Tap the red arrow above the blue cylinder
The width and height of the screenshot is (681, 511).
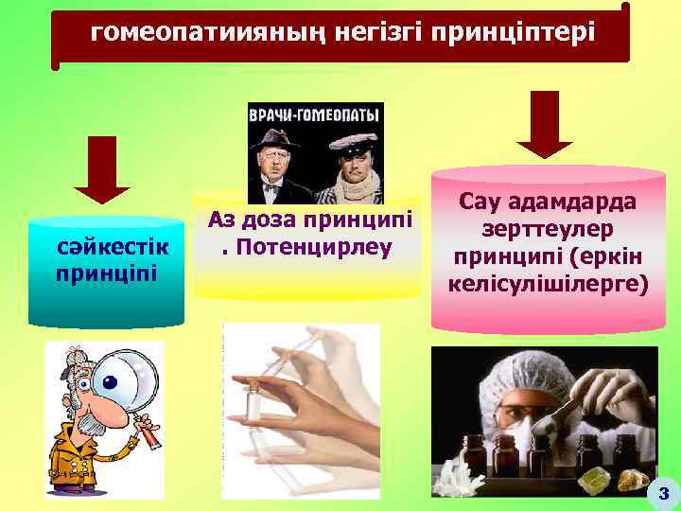coord(101,169)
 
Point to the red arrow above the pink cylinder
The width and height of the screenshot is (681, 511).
coord(544,124)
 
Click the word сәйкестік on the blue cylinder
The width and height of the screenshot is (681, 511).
coord(112,249)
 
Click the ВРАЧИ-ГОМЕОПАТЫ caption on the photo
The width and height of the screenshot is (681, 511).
coord(315,115)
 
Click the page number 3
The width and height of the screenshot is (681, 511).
coord(662,493)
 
